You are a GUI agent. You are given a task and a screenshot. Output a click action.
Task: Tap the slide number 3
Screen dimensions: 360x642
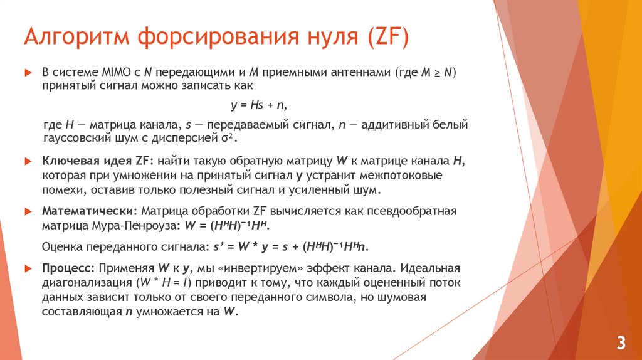[x=621, y=342]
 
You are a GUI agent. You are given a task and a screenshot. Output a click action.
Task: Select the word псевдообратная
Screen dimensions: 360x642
[x=416, y=210]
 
